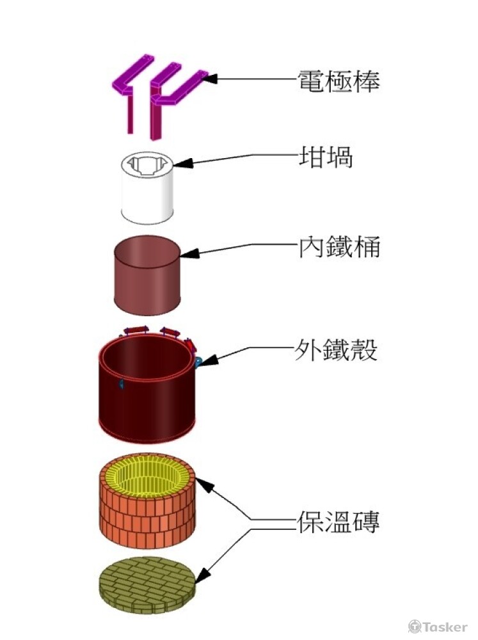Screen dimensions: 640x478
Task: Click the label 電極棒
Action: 339,81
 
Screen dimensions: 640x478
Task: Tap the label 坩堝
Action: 326,157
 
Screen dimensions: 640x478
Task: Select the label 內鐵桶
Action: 339,246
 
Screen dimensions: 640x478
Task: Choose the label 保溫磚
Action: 339,522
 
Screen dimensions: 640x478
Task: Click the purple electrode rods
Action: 157,96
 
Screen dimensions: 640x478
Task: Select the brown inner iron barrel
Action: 147,282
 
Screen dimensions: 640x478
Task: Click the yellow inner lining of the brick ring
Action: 147,477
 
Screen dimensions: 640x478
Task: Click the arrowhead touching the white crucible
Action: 179,164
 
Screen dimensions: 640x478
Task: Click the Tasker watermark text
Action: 445,627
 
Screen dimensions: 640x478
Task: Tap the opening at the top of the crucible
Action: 147,166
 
